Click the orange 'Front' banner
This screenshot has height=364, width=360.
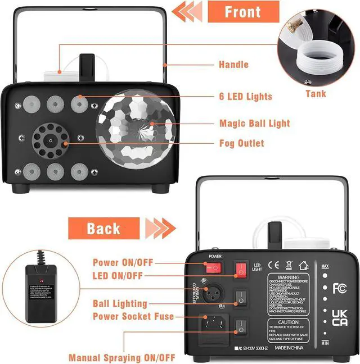click(x=243, y=12)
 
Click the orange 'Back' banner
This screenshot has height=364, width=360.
click(x=103, y=228)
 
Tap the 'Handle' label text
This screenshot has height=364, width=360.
click(x=233, y=65)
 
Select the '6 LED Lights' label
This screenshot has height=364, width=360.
click(x=245, y=96)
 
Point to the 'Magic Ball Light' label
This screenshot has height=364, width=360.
click(x=254, y=123)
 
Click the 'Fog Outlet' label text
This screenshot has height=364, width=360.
click(x=241, y=143)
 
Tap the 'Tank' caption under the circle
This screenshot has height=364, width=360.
click(x=316, y=94)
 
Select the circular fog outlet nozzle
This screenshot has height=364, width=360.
click(x=49, y=139)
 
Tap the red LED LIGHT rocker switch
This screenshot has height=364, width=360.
click(x=241, y=269)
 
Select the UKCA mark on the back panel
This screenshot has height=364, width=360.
click(x=339, y=317)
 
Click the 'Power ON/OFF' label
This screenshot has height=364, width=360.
click(x=122, y=262)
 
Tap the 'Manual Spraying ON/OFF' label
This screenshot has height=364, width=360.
click(x=121, y=358)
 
